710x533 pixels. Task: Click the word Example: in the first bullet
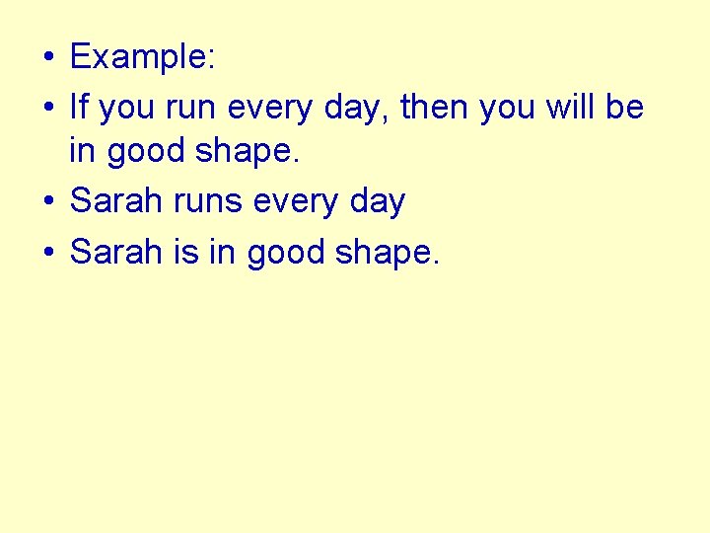coord(142,57)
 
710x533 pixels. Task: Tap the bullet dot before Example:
coord(47,58)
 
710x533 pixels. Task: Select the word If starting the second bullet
coord(78,106)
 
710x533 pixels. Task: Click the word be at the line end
coord(624,106)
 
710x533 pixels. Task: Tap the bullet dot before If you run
coord(47,107)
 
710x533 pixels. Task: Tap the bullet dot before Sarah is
coord(47,253)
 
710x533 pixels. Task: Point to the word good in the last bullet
coord(286,253)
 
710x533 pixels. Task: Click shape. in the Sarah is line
coord(388,253)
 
